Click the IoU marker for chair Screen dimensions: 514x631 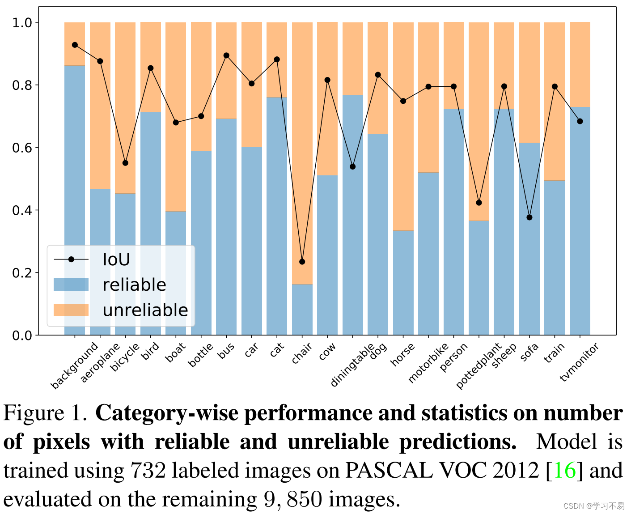[302, 262]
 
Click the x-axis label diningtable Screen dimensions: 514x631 [352, 365]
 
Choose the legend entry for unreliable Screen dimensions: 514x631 [145, 310]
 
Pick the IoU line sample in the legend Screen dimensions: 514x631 [71, 259]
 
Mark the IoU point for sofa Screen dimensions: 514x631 [529, 217]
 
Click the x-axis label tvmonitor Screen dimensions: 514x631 [579, 362]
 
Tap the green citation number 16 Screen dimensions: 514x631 [564, 471]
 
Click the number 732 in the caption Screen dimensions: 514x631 [148, 471]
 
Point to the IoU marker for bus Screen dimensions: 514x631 [226, 55]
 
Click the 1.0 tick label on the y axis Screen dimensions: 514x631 [22, 22]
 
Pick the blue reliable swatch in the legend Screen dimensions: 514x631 [71, 285]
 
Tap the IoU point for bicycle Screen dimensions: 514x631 [125, 163]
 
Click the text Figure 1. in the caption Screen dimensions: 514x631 [45, 413]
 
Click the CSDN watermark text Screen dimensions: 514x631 [593, 506]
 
